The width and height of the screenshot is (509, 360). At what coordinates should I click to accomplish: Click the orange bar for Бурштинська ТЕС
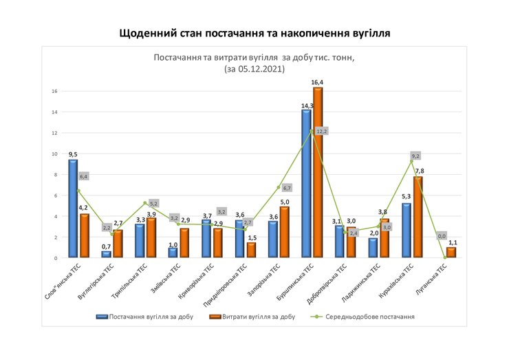coord(318,173)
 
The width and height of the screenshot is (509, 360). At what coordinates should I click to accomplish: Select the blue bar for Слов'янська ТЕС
coord(73,209)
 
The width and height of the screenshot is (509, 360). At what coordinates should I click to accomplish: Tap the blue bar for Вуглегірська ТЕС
coord(107,254)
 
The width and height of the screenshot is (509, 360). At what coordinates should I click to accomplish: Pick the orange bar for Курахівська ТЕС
coord(418,217)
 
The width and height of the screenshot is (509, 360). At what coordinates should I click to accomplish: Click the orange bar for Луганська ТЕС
coord(451,253)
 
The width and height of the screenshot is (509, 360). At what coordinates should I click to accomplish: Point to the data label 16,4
coord(318,82)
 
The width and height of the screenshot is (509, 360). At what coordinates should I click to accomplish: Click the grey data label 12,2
coord(322,131)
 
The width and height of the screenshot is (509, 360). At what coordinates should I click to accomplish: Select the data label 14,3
coord(305,105)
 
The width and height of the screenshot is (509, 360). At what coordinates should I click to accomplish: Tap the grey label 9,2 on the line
coord(415,156)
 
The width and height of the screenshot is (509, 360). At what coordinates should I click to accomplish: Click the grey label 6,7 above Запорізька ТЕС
coord(288,187)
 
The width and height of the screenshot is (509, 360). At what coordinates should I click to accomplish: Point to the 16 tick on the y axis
coord(54,91)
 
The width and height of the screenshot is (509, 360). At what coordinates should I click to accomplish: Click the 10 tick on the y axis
coord(54,153)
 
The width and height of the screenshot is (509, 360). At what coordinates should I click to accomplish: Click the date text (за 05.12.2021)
coord(254,70)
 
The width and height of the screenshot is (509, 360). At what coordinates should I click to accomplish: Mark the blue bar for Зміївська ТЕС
coord(173,253)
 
